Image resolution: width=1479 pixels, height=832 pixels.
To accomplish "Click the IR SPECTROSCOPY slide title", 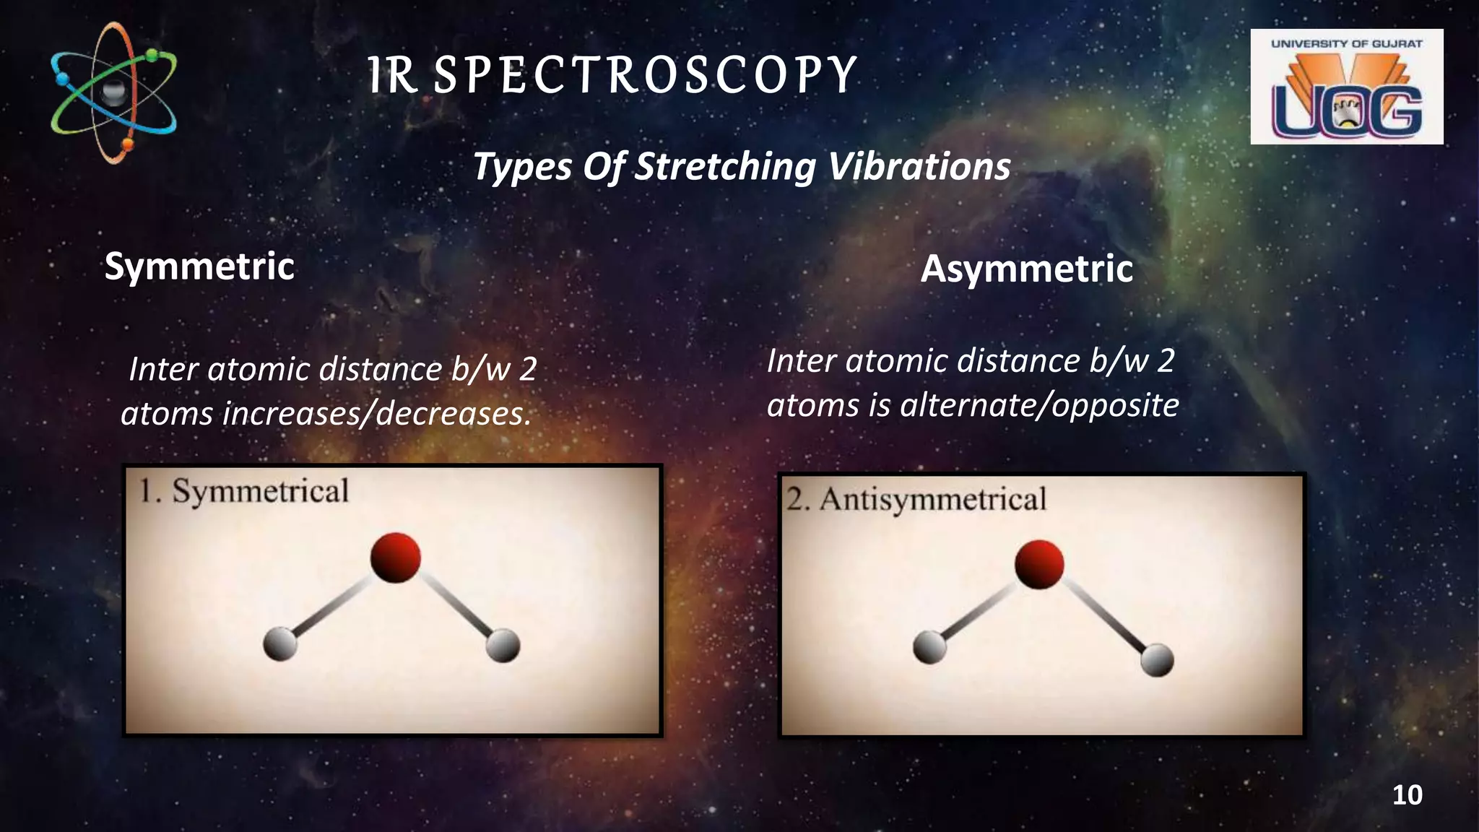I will click(612, 75).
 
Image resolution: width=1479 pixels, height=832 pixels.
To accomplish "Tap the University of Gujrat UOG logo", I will click(1346, 87).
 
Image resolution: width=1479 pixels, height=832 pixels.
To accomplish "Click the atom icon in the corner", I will click(113, 92).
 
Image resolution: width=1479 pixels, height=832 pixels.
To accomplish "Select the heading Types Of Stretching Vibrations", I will click(741, 166).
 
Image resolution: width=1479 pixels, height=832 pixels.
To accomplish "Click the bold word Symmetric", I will click(199, 266).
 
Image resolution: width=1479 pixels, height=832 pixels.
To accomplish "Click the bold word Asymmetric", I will click(1026, 269).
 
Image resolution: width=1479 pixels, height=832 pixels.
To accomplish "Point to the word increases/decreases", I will click(376, 414).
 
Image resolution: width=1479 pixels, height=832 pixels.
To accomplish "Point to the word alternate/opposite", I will click(1039, 405).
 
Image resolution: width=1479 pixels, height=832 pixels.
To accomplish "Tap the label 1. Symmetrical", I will click(244, 491).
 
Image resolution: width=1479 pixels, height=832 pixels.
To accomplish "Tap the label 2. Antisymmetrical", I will click(916, 499).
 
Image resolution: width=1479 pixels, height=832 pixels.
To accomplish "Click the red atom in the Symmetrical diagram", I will click(395, 557).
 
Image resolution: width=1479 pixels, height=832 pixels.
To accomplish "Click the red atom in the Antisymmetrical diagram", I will click(1038, 563).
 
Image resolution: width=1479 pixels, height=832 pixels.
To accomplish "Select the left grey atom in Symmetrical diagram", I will click(279, 643).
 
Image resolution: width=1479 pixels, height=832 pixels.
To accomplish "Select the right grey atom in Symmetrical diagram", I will click(503, 645).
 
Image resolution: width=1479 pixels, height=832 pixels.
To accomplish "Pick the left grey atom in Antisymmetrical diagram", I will click(929, 646).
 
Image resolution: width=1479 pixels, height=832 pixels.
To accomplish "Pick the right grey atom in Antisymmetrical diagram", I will click(1157, 659).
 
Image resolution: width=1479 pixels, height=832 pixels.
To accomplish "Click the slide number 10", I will click(1406, 795).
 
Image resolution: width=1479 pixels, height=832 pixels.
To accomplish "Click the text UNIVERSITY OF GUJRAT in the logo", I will click(1346, 43).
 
